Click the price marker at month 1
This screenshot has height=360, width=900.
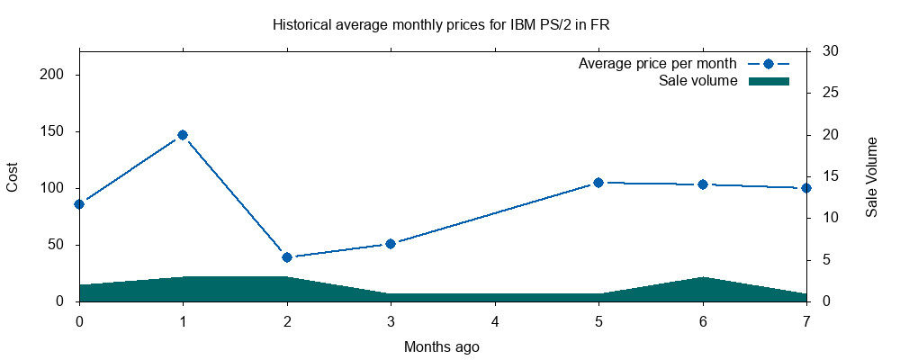tap(183, 135)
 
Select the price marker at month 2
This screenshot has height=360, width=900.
tap(287, 257)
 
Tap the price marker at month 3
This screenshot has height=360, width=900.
tap(391, 243)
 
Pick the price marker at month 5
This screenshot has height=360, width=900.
tap(598, 183)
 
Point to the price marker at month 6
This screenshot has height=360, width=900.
tap(703, 184)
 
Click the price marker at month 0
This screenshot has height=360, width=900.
tap(79, 203)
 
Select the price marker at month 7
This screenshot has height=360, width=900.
tap(805, 188)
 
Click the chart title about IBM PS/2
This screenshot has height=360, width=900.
tap(440, 25)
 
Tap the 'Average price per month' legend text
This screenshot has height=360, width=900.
tap(658, 63)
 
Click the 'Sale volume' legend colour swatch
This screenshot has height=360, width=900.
tap(769, 81)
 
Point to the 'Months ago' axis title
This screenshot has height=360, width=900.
tap(441, 346)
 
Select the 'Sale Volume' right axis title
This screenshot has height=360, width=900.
tap(871, 176)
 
